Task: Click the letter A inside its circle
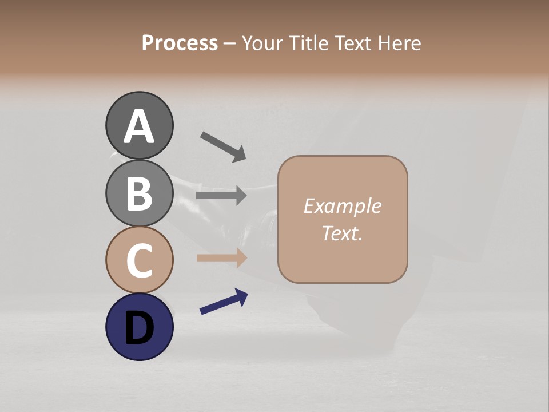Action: [139, 126]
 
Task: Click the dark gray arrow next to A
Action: [223, 146]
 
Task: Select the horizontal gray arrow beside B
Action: [221, 196]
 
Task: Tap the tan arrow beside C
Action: [221, 258]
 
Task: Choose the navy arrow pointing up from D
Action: [224, 302]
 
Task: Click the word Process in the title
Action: [180, 43]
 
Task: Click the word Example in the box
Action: [342, 206]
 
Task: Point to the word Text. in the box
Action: [342, 233]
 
